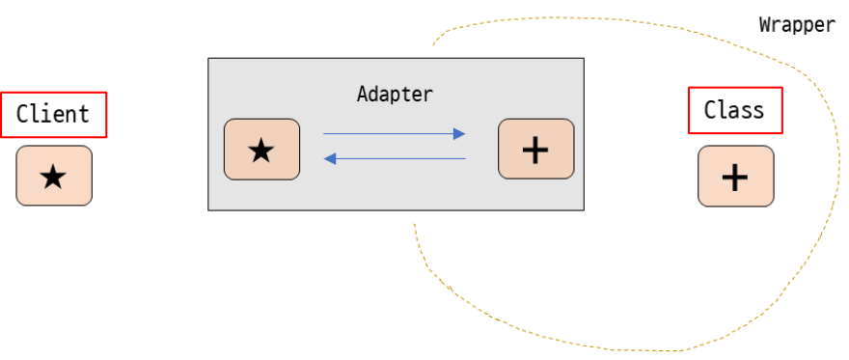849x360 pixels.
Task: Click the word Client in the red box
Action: coord(53,114)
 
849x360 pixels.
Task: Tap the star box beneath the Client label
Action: coord(54,176)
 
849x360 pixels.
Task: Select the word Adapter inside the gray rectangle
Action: coord(395,95)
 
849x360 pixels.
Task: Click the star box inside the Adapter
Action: coord(261,150)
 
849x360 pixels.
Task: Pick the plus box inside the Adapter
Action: coord(535,150)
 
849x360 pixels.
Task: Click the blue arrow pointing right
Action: coord(394,134)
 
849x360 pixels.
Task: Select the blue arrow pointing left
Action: coord(394,158)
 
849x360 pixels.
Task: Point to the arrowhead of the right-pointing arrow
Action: coord(461,134)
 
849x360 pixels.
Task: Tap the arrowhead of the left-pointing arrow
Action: coord(328,158)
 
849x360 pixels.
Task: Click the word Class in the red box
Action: coord(734,110)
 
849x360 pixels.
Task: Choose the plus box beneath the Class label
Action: coord(735,176)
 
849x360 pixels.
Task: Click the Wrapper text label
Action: coord(797,25)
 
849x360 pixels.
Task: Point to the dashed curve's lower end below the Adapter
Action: coord(415,226)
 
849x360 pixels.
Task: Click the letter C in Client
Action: coord(22,114)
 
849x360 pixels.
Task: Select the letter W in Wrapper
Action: coord(764,25)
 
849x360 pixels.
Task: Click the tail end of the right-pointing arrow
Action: coord(324,134)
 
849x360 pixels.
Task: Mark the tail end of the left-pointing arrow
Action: coord(465,158)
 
